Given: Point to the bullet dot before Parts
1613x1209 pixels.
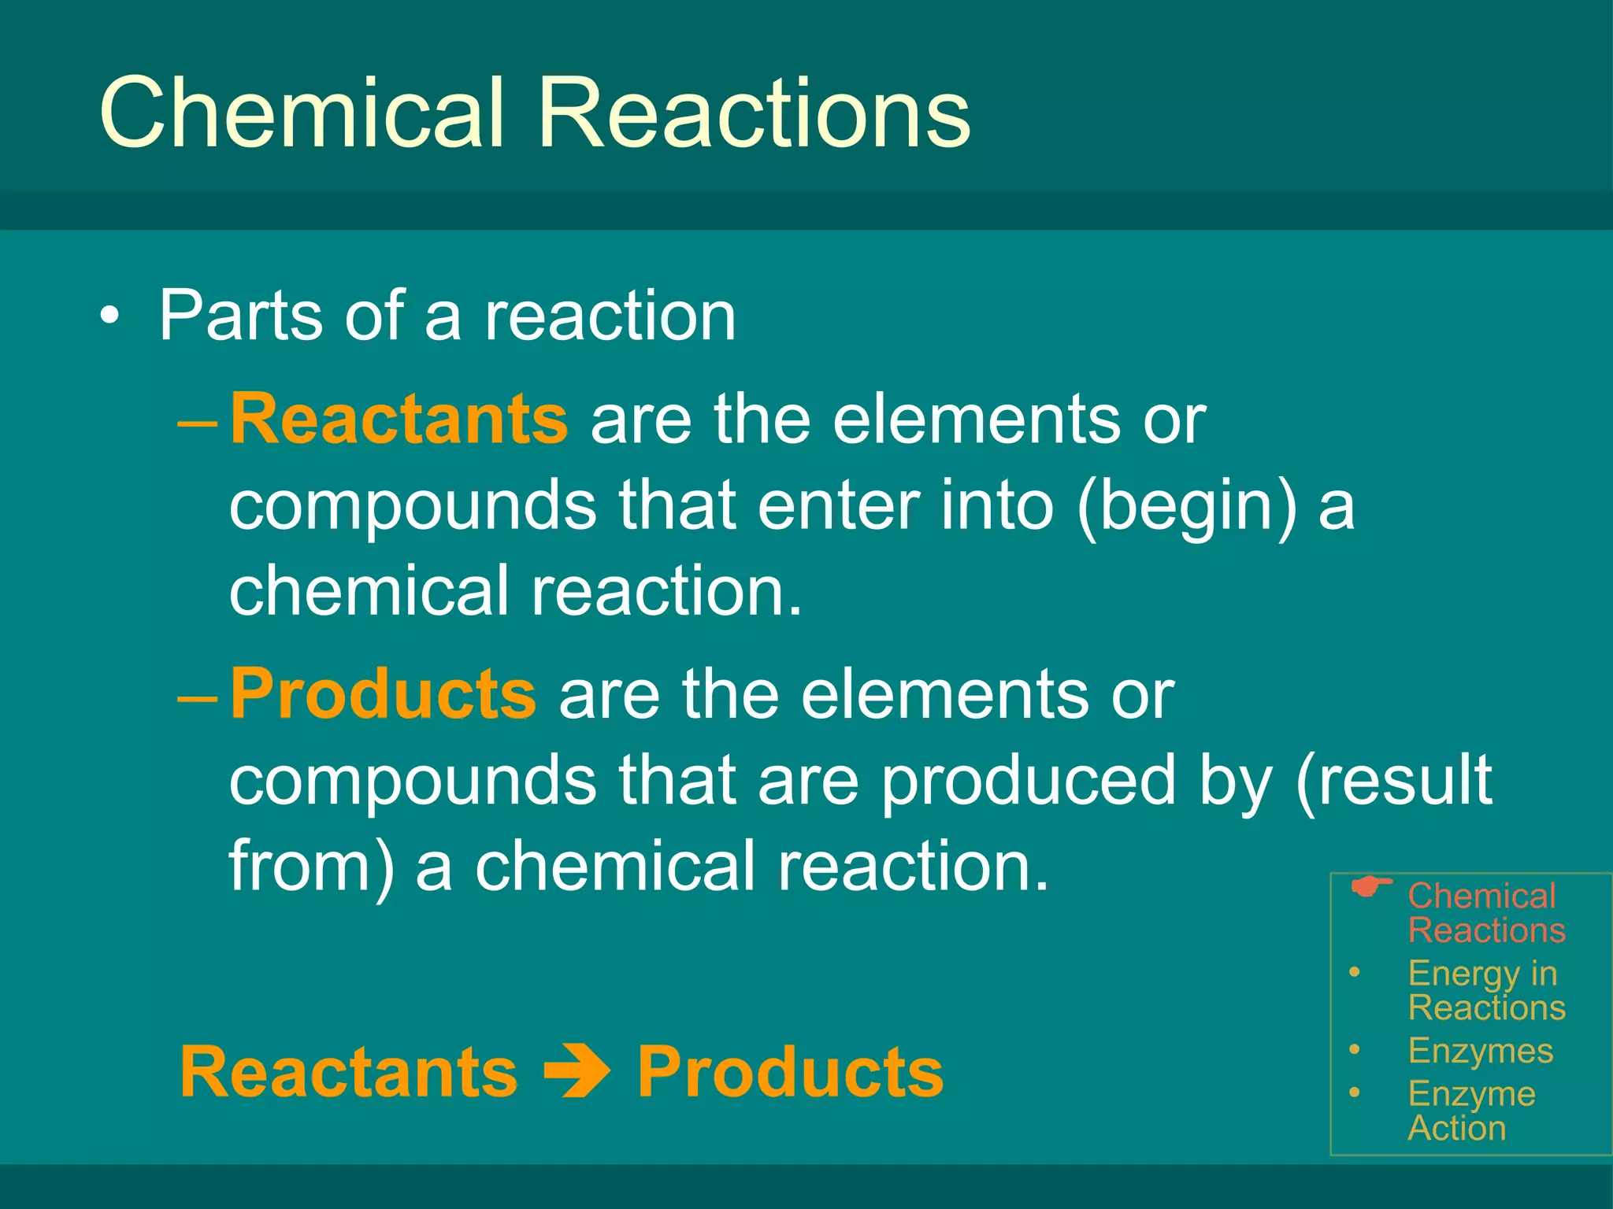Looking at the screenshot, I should (111, 317).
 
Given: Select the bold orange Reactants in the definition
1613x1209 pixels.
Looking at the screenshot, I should (399, 419).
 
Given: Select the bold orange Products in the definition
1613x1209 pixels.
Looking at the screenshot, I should (383, 694).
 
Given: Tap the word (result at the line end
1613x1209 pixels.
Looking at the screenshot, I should (1393, 781).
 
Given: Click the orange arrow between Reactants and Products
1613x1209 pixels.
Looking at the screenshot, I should (578, 1072).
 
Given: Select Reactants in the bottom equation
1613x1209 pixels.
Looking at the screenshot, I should (349, 1072).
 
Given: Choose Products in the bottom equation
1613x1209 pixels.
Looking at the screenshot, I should (790, 1072).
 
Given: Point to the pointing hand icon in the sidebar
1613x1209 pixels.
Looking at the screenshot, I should (1370, 889).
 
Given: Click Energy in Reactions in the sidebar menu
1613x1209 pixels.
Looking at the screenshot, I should (1485, 990).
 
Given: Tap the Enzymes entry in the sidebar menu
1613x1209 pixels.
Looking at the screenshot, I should (1480, 1051).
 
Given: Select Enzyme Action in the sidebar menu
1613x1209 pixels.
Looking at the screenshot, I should (1471, 1111).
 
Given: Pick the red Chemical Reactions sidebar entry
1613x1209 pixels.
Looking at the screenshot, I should (1485, 913).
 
